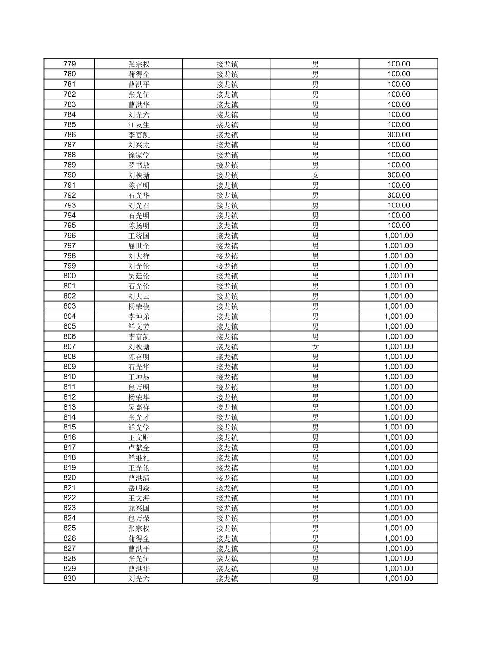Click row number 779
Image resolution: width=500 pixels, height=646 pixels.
69,64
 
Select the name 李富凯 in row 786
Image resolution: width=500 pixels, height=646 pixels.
138,135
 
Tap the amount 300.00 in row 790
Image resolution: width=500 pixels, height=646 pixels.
398,175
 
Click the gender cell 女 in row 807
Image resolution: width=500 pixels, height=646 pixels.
315,347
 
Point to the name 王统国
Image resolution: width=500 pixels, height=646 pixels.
138,236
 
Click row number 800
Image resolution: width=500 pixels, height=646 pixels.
69,276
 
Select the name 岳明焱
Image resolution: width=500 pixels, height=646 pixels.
138,488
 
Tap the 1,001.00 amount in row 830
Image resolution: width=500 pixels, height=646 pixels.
398,579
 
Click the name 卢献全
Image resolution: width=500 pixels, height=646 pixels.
138,448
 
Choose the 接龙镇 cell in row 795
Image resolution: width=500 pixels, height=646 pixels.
227,226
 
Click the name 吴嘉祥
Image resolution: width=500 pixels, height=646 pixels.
138,407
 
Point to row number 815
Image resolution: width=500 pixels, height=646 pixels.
69,427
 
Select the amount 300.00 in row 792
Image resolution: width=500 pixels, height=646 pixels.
398,195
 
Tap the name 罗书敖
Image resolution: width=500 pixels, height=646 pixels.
138,165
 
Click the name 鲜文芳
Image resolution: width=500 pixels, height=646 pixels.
138,326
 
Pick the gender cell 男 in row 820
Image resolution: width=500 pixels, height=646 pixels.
315,478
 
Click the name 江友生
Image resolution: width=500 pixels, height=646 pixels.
138,125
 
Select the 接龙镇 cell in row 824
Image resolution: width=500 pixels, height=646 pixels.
227,518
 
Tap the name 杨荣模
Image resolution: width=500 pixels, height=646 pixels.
138,306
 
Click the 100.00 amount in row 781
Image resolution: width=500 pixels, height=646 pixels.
398,84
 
